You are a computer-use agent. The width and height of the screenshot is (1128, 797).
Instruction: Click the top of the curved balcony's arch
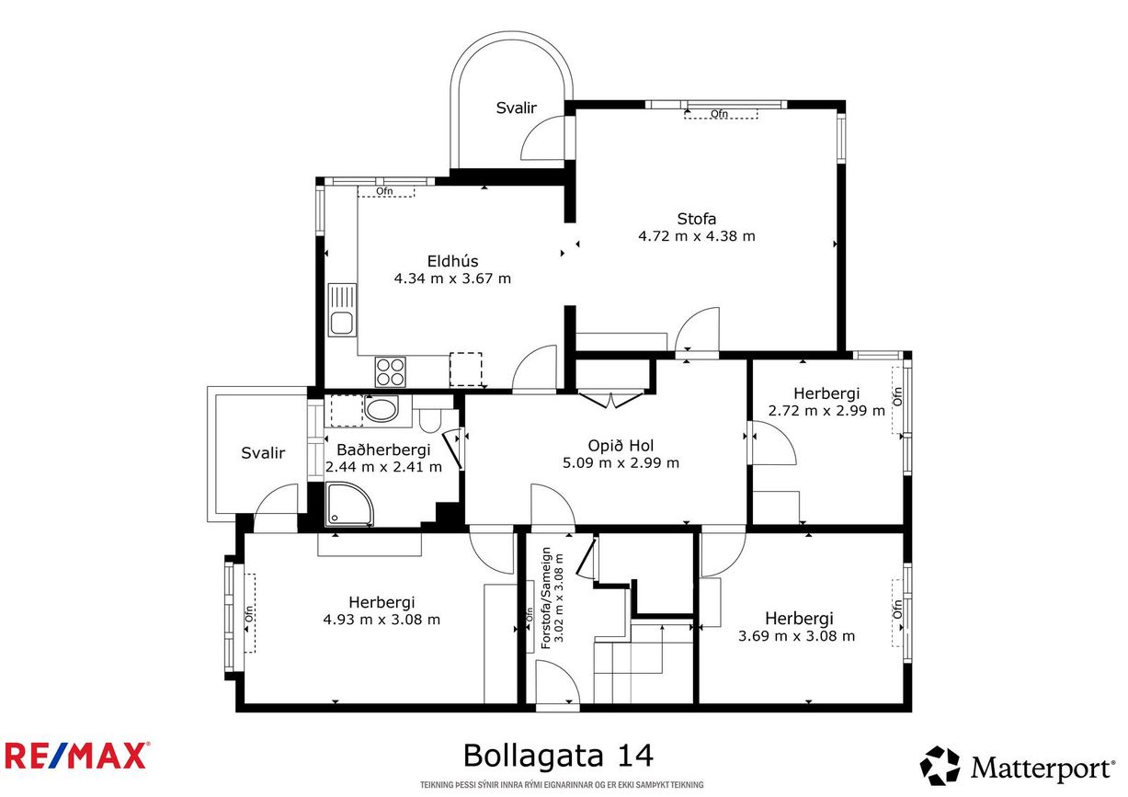point(511,32)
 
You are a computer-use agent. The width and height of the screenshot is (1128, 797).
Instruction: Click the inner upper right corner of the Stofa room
point(837,109)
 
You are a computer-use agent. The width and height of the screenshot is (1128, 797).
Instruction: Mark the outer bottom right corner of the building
point(911,712)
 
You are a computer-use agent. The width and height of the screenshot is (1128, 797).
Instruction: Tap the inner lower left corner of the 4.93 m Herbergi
point(245,703)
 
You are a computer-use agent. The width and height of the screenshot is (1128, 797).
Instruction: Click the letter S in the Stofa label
point(682,219)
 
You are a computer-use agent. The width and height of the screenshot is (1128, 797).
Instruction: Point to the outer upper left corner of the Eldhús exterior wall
point(316,177)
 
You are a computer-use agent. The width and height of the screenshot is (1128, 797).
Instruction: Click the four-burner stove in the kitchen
point(390,371)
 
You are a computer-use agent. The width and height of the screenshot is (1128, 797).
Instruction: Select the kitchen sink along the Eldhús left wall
point(342,310)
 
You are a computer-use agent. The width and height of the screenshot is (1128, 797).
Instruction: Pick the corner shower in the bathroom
point(349,504)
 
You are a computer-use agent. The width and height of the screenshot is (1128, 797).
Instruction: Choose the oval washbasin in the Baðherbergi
point(382,408)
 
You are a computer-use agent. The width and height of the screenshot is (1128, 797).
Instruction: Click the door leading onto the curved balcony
point(543,138)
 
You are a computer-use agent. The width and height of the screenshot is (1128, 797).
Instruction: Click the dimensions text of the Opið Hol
point(621,462)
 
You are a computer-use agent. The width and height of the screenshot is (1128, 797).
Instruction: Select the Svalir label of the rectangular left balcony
point(263,453)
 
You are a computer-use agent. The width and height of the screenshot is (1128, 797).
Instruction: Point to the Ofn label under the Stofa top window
point(719,114)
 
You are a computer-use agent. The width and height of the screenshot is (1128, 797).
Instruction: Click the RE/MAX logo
point(76,756)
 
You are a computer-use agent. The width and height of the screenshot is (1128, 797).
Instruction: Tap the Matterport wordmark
point(1041,769)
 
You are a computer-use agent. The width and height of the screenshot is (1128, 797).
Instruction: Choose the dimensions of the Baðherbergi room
point(383,467)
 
